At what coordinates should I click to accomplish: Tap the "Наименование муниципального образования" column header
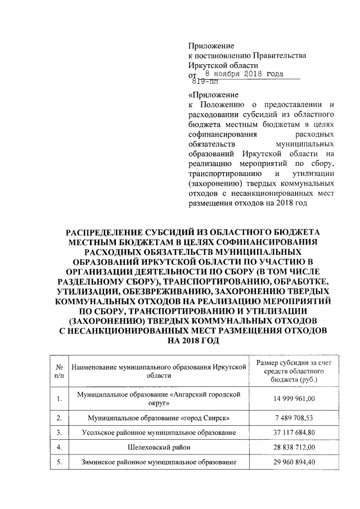160,369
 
